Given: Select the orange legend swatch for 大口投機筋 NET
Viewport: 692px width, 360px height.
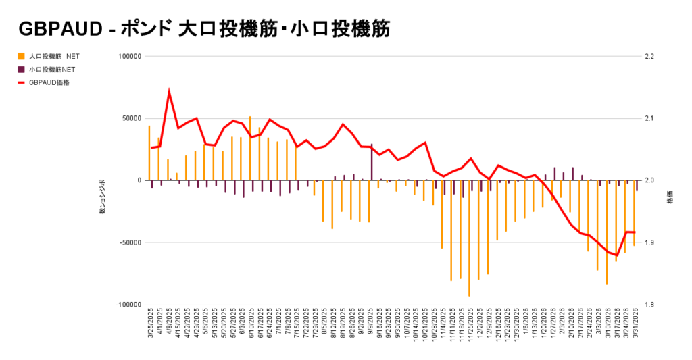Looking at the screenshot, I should click(x=22, y=56).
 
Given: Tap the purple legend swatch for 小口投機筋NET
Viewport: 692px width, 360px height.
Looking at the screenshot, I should click(x=22, y=69).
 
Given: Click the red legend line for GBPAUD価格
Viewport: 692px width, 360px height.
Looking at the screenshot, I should click(x=22, y=82).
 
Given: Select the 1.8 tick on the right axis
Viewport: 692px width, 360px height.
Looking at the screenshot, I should click(x=650, y=305).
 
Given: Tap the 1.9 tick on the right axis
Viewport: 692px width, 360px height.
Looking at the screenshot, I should click(x=650, y=242).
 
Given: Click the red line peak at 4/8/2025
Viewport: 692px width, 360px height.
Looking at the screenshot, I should click(x=168, y=91).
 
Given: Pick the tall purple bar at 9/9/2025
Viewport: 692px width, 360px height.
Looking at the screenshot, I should click(x=371, y=162).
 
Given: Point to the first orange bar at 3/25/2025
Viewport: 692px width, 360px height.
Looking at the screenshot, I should click(x=149, y=153).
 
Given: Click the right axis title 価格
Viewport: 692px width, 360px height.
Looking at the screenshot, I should click(x=670, y=201).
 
